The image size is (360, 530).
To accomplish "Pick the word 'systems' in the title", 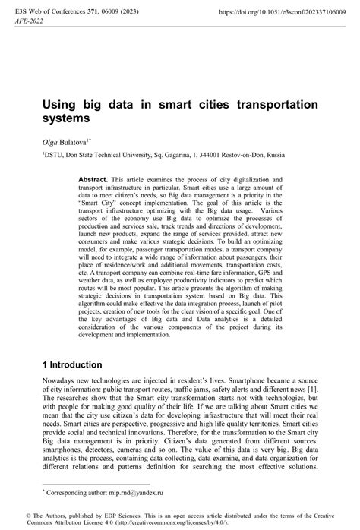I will click(66, 119).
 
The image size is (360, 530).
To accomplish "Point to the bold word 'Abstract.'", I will click(93, 179).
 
